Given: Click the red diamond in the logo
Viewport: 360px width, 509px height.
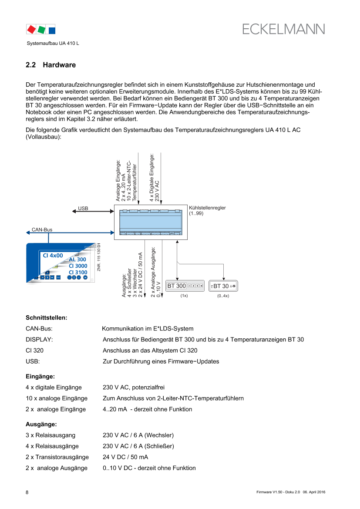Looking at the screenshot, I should tap(31, 30).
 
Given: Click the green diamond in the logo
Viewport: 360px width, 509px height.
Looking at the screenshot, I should tap(42, 30).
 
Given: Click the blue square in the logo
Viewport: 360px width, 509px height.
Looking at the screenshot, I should tap(52, 30).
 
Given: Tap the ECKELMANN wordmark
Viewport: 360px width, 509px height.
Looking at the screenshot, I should tap(284, 29).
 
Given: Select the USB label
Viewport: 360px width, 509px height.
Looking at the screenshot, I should tap(83, 209).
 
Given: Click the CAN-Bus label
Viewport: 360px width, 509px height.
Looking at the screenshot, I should tap(42, 229).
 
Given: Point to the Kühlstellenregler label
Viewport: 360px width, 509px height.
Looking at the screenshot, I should tap(207, 208).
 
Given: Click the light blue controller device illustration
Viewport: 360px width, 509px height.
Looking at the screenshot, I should tap(151, 222).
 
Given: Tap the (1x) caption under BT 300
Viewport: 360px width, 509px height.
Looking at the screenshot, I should tap(184, 296).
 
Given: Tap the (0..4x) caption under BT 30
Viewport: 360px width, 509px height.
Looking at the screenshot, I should tap(223, 296).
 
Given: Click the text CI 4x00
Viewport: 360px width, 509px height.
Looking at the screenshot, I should tap(53, 256).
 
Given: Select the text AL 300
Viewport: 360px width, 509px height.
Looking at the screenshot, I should tap(77, 260).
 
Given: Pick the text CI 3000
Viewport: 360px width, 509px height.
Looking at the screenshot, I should tap(78, 266).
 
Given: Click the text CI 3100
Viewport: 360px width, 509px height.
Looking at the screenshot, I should tap(78, 273).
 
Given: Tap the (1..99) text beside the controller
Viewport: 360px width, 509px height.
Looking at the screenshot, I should tap(196, 213).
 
